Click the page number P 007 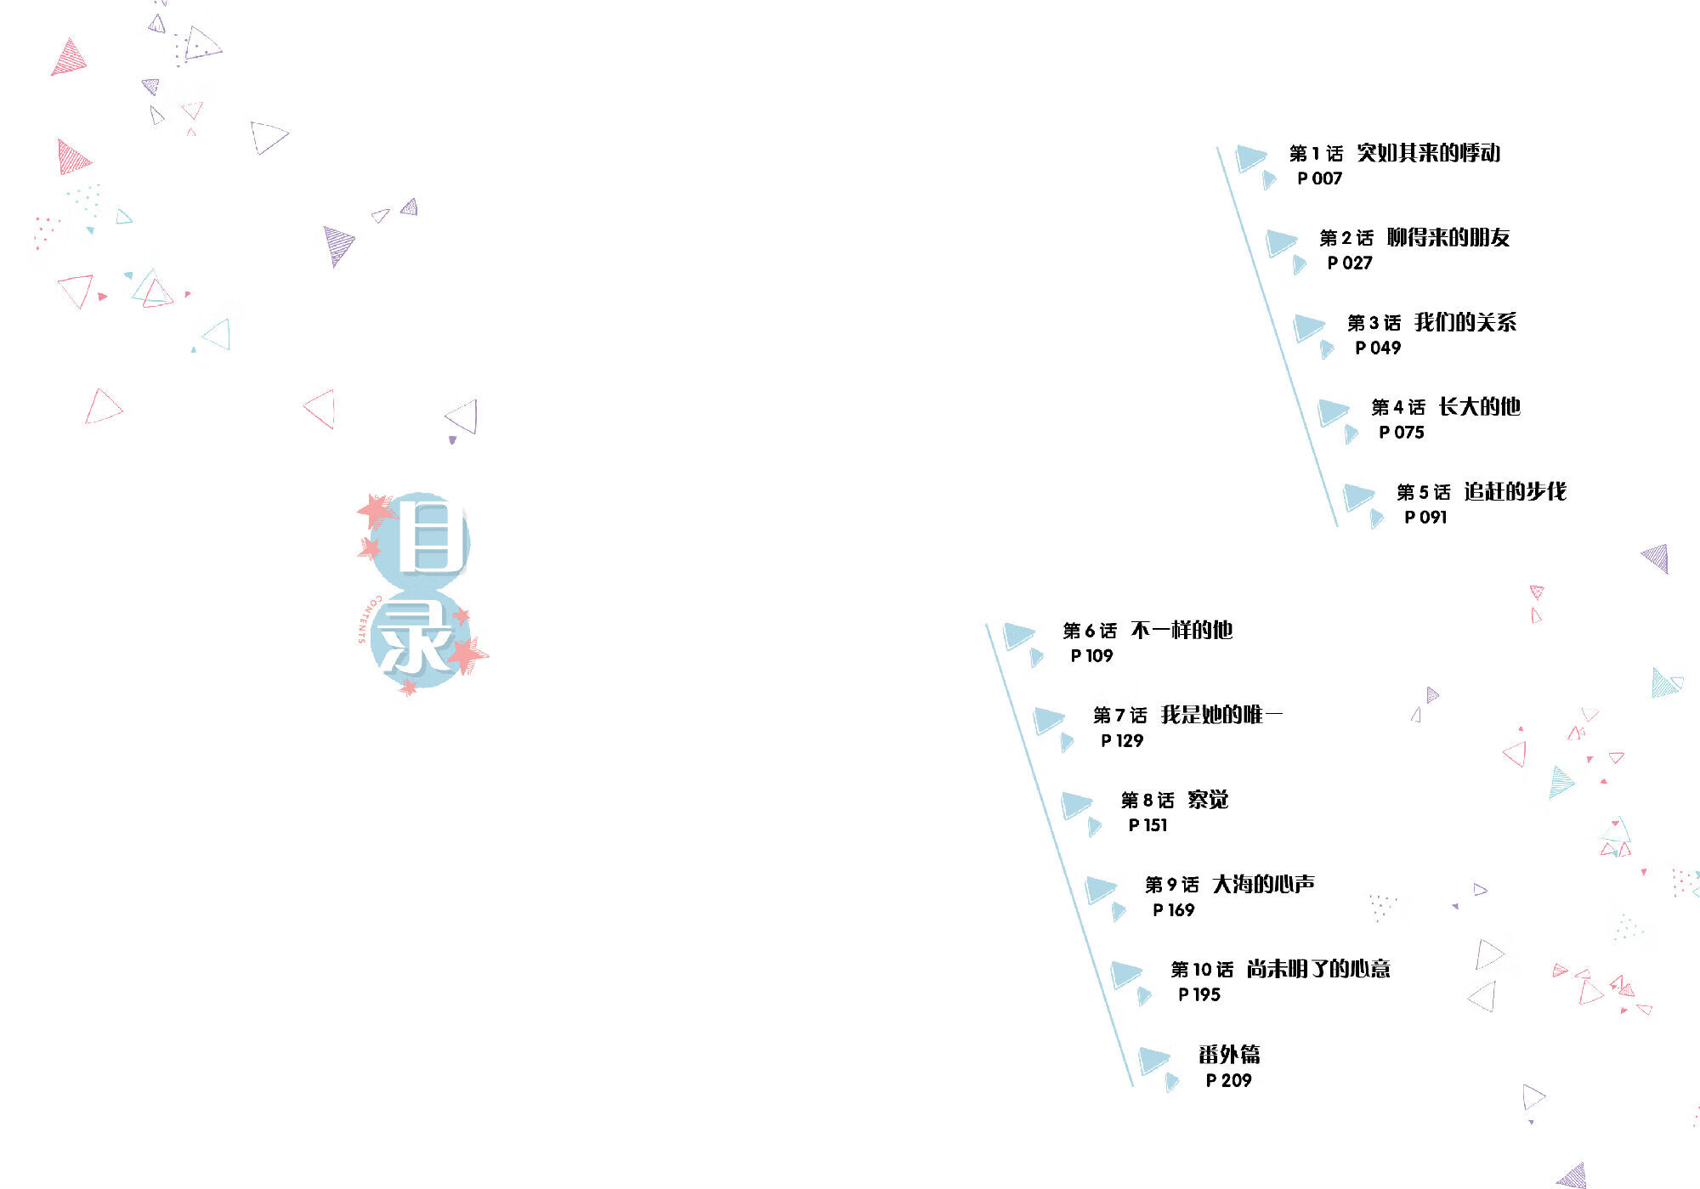pos(1319,178)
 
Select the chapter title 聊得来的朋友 pos(1448,237)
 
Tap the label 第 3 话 pos(1374,323)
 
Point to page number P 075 pos(1401,433)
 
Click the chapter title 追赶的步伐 pos(1515,491)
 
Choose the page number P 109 pos(1091,656)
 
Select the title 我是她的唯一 pos(1221,715)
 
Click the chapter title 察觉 pos(1208,800)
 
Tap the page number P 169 pos(1173,910)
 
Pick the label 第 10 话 pos(1202,970)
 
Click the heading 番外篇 pos(1229,1055)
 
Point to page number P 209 pos(1228,1081)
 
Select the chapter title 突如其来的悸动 pos(1428,153)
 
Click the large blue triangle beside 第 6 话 pos(1017,635)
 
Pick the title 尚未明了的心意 pos(1318,969)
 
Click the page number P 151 pos(1147,825)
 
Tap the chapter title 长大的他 pos(1479,407)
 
